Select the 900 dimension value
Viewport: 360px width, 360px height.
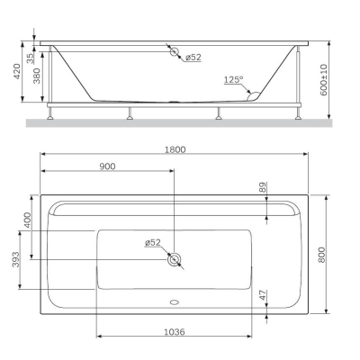[106, 168]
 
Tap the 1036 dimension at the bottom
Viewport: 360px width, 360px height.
[175, 332]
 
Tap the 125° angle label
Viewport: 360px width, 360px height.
[233, 80]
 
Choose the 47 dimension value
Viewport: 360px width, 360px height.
[262, 294]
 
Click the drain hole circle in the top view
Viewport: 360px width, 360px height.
[175, 260]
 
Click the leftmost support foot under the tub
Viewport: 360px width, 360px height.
[53, 115]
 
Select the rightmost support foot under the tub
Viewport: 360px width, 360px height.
[298, 115]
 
